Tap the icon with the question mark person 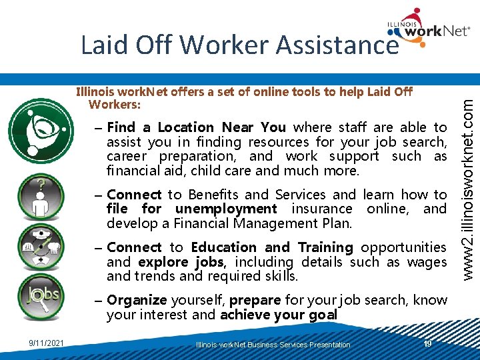41,197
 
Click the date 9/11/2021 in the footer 46,343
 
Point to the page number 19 428,343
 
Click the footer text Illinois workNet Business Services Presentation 273,345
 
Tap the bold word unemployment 226,209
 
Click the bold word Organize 137,300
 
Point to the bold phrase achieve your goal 279,315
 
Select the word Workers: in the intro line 114,105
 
